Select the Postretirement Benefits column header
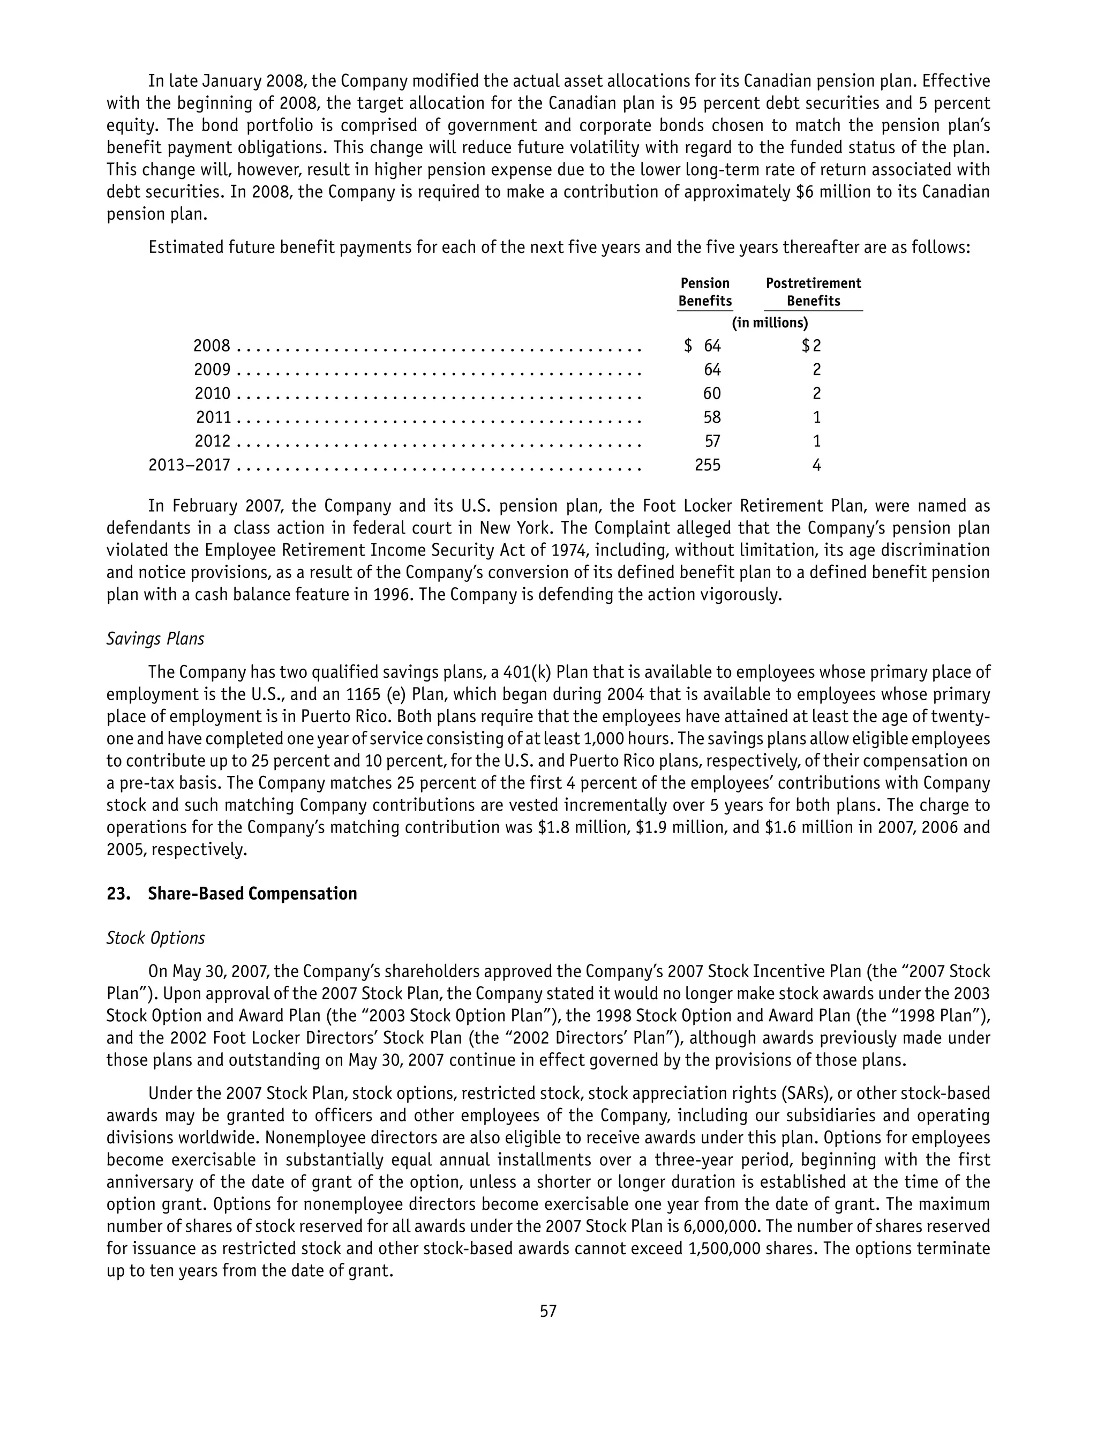click(x=813, y=292)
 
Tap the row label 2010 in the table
click(x=212, y=394)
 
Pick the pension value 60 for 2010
click(x=712, y=394)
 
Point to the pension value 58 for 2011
click(x=712, y=417)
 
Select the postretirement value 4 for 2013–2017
click(x=816, y=465)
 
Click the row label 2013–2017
click(x=190, y=465)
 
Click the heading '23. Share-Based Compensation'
click(x=232, y=893)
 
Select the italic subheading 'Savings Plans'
click(x=155, y=639)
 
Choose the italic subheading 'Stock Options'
click(x=155, y=938)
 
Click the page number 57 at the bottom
click(x=548, y=1311)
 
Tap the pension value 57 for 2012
click(x=712, y=441)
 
